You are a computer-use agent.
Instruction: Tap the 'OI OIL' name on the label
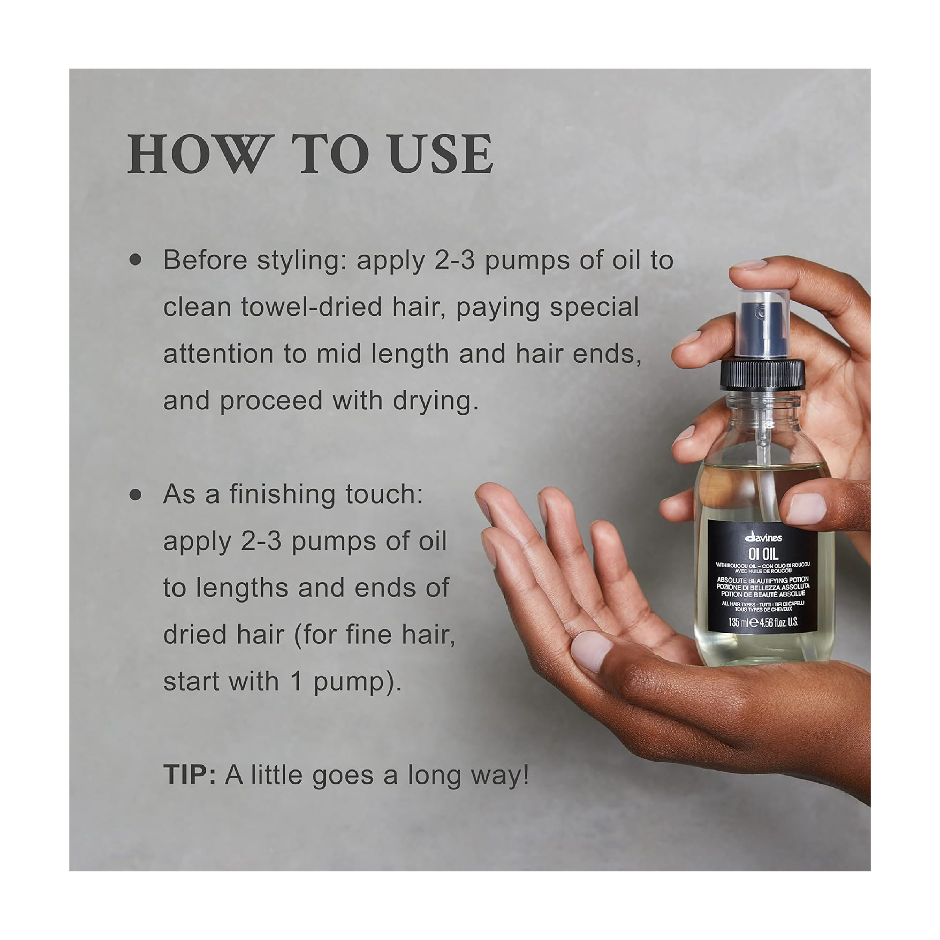(763, 553)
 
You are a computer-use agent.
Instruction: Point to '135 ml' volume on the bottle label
(739, 622)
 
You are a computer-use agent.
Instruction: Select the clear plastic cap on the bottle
(763, 325)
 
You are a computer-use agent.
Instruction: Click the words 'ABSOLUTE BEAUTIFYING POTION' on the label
(763, 580)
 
